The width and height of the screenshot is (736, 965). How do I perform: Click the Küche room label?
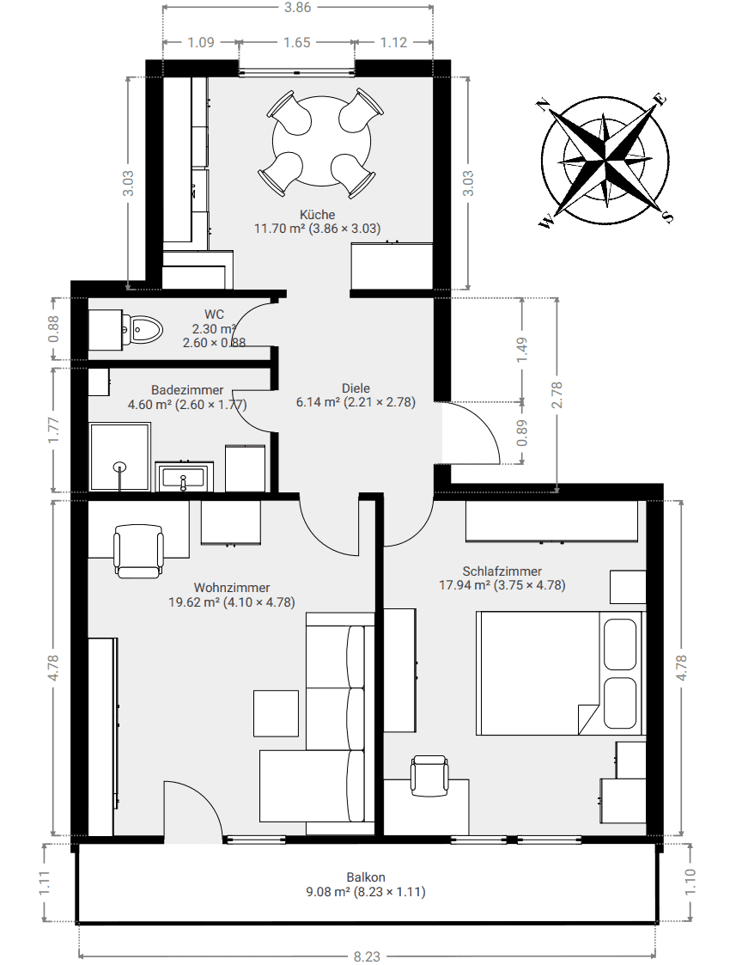tap(317, 215)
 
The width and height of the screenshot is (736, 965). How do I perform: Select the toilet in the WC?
tap(142, 329)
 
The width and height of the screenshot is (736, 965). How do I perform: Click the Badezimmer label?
tap(187, 390)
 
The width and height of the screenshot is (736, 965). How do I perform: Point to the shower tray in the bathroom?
tap(120, 456)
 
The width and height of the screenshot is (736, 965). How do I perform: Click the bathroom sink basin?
tap(183, 477)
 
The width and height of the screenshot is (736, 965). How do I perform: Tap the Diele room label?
tap(356, 388)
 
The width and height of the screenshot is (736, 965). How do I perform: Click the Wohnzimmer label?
tap(232, 588)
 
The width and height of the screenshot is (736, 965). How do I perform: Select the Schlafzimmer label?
tap(502, 571)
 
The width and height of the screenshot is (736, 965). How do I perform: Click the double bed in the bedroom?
tap(559, 673)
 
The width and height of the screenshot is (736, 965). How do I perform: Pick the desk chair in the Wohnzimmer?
tap(139, 550)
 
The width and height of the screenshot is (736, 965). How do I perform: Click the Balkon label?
tap(366, 877)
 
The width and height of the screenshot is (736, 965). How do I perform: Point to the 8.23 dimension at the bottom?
tap(367, 956)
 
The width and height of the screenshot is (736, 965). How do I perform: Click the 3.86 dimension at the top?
tap(298, 8)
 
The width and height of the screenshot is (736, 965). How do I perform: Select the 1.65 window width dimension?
tap(297, 42)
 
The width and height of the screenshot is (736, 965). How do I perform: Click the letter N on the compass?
tap(542, 105)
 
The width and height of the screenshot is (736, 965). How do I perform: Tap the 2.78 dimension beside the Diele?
tap(557, 395)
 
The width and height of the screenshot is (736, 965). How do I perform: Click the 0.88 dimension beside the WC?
tap(53, 329)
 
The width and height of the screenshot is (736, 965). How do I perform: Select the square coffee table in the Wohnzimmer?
tap(277, 712)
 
